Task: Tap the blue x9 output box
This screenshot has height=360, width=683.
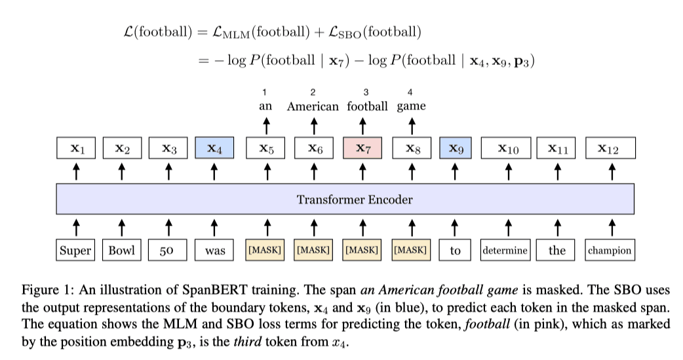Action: [x=457, y=149]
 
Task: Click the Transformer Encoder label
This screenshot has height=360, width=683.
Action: [x=345, y=199]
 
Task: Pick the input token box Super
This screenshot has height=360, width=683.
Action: [x=75, y=250]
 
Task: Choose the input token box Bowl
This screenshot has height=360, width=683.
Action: [x=121, y=250]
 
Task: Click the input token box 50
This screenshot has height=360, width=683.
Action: [x=168, y=250]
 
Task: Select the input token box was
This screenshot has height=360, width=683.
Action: [x=214, y=250]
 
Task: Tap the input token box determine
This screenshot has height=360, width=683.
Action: [x=505, y=250]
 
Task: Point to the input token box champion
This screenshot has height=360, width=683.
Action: [x=610, y=250]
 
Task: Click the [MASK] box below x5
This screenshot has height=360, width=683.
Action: [x=266, y=250]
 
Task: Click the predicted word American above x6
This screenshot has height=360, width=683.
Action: [x=313, y=106]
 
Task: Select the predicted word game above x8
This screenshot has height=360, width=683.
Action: [x=411, y=106]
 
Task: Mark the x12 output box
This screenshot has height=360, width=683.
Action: [x=609, y=149]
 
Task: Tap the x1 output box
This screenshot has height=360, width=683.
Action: [x=77, y=149]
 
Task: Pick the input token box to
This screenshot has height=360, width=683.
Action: [x=456, y=250]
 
